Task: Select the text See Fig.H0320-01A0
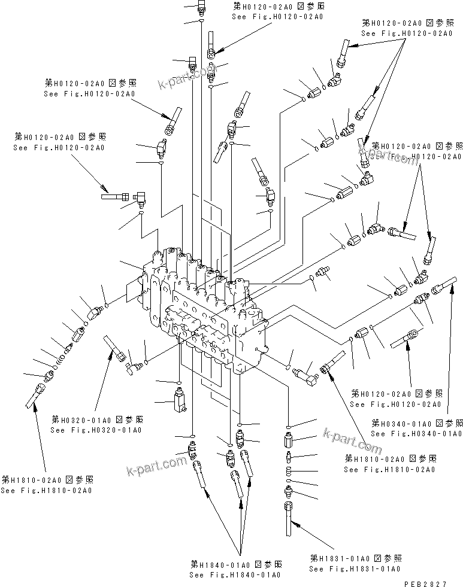click(96, 430)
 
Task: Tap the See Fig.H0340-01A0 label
click(416, 433)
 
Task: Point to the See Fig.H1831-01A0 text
click(355, 568)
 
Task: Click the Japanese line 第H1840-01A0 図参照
click(236, 564)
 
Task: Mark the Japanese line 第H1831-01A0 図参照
click(355, 558)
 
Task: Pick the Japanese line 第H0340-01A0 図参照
click(416, 422)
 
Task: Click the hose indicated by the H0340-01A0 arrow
click(446, 283)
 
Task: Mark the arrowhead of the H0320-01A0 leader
click(111, 353)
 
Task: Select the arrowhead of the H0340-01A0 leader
click(449, 289)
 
